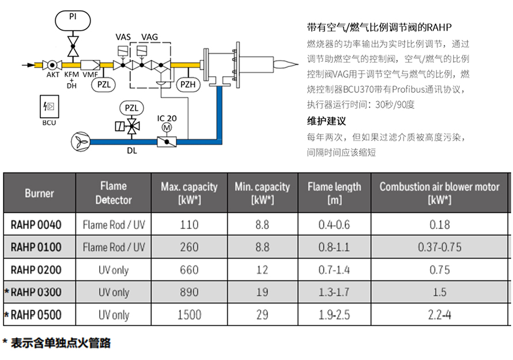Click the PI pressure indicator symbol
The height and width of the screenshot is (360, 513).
(73, 21)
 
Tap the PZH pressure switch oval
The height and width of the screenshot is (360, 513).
(188, 84)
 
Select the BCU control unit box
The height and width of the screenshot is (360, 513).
(50, 107)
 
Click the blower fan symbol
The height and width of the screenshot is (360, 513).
(81, 142)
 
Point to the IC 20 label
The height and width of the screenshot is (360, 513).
(167, 118)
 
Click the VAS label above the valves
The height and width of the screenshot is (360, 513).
(123, 37)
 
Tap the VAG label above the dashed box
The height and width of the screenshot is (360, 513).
(150, 37)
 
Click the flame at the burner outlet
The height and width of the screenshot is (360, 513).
(285, 65)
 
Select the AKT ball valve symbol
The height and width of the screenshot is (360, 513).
(52, 65)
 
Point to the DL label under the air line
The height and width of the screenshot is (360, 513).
(132, 151)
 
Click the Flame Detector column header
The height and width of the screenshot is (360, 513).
(114, 193)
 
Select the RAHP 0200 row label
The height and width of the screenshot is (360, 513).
(36, 270)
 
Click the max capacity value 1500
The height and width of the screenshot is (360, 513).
(189, 315)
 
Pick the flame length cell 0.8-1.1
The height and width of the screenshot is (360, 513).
(334, 247)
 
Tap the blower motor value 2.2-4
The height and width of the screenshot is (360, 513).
(439, 315)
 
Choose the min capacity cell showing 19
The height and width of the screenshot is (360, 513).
(262, 292)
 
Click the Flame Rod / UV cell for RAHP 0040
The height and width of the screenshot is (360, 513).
(114, 225)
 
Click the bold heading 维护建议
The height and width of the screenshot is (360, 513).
(326, 121)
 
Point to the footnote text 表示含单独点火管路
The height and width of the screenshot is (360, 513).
(61, 343)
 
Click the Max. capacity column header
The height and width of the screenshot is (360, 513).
(189, 193)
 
